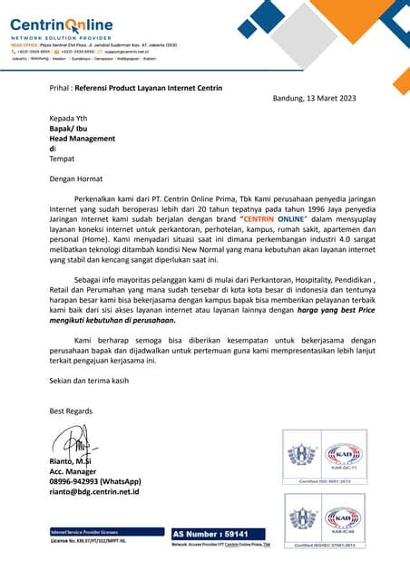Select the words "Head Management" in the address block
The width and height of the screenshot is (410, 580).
(83, 139)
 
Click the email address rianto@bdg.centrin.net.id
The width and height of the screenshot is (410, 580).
(94, 492)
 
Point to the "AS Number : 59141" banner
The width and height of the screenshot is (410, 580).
(209, 535)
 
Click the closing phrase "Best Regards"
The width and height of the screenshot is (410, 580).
(72, 411)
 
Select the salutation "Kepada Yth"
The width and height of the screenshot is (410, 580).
(68, 119)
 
